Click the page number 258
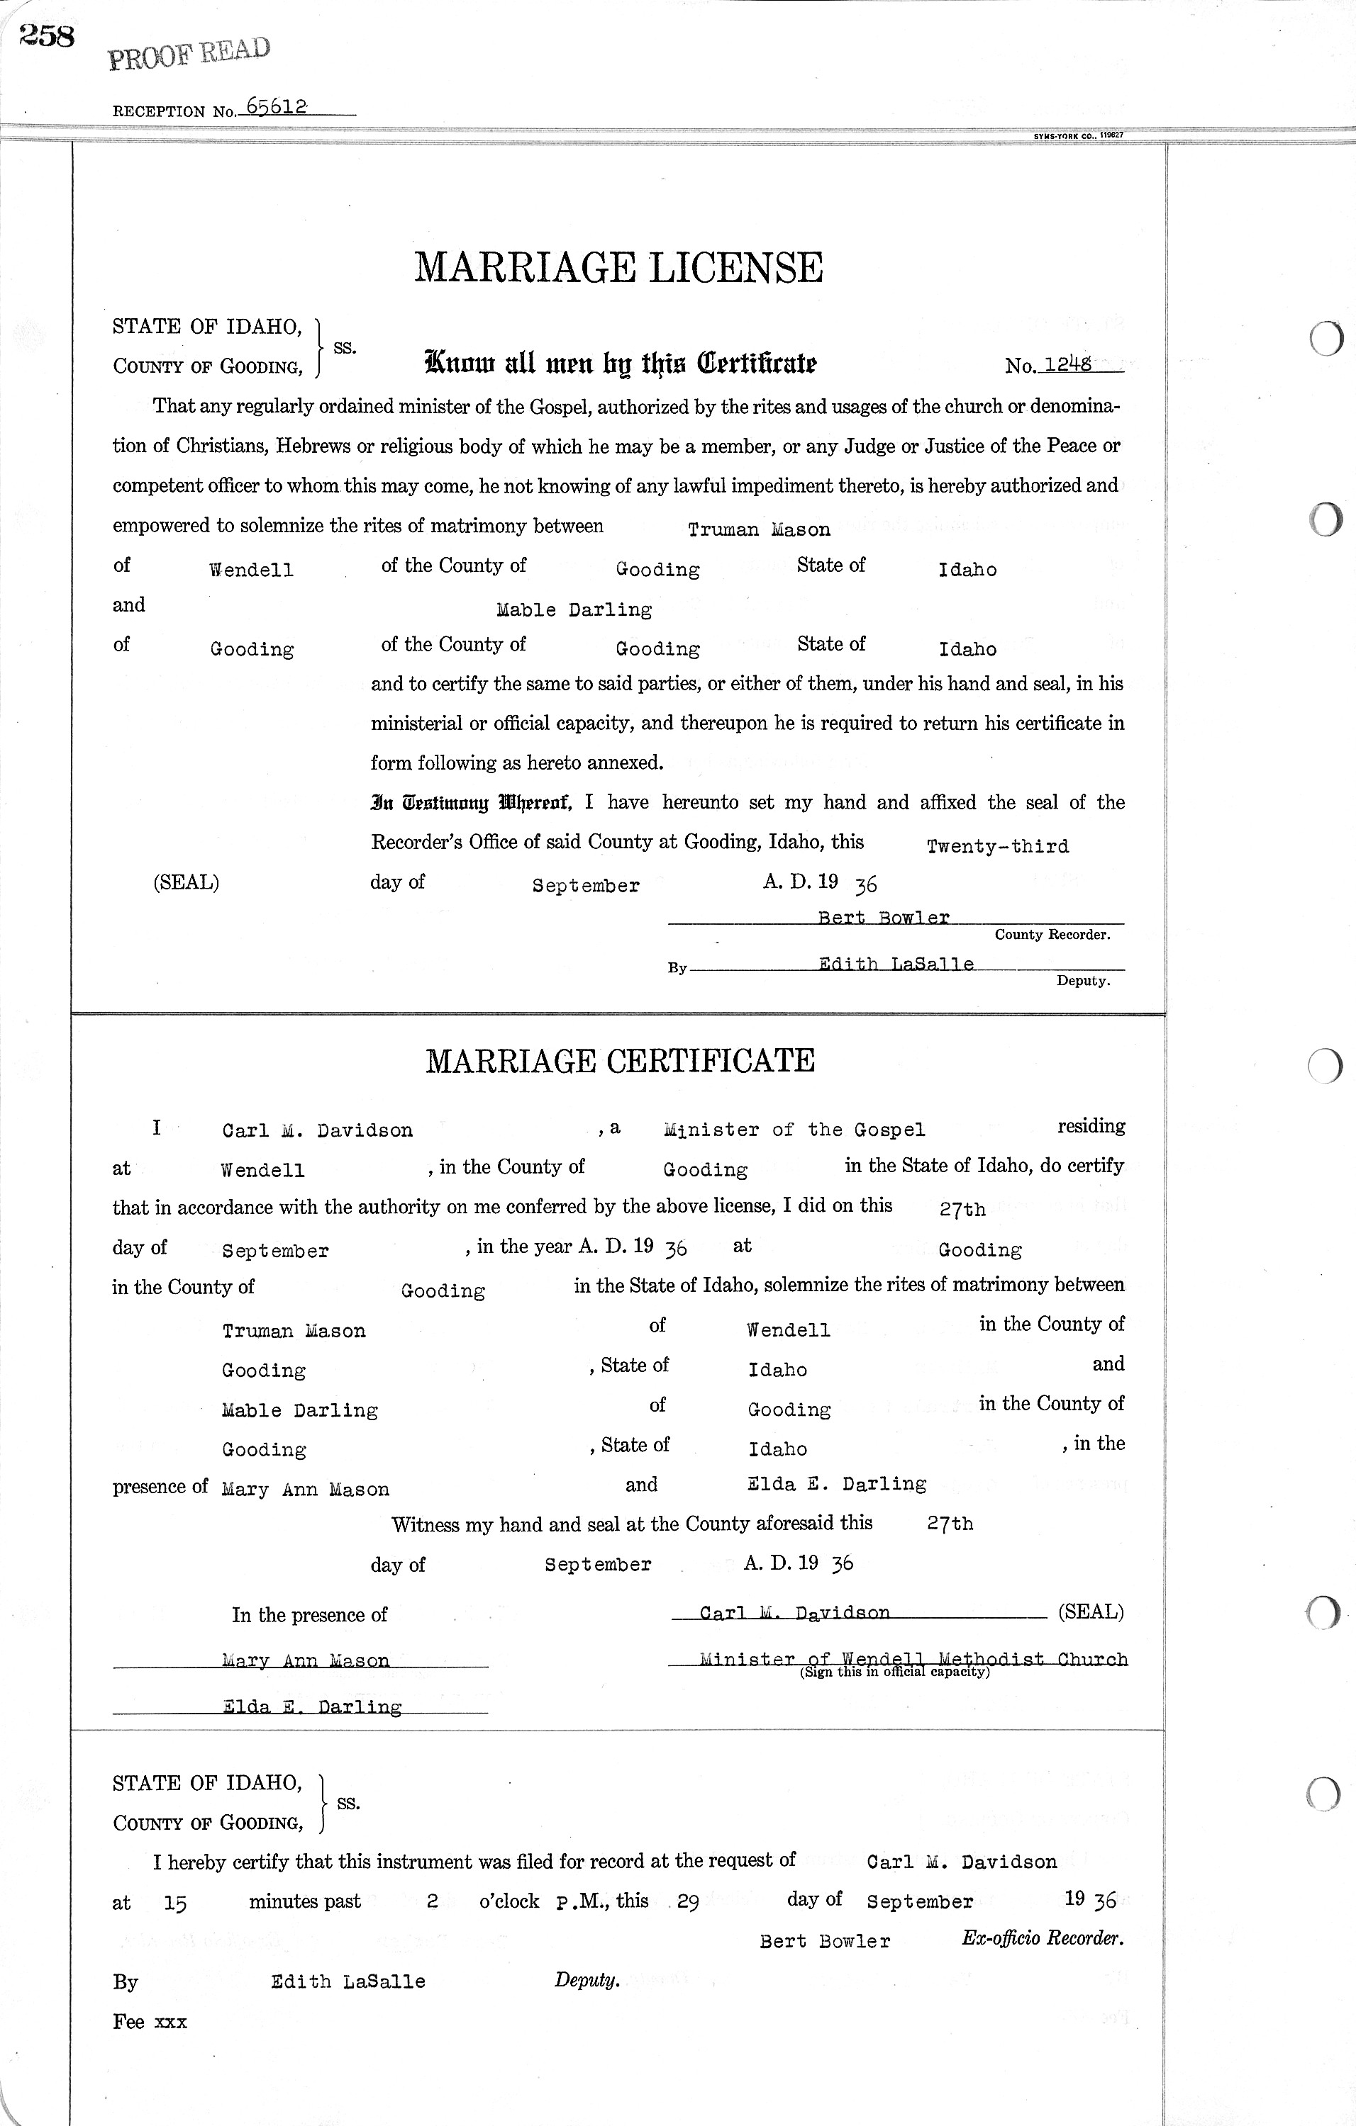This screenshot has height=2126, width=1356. point(46,37)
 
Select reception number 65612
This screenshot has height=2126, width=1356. point(277,107)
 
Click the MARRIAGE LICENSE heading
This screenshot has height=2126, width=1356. point(618,266)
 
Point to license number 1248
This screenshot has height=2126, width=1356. point(1067,363)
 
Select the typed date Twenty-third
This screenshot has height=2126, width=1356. point(997,847)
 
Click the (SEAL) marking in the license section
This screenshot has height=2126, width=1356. point(186,882)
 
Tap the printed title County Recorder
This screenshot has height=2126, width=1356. point(1052,934)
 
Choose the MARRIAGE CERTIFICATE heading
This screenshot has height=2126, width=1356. point(620,1060)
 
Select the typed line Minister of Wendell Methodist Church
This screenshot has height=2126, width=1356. point(913,1659)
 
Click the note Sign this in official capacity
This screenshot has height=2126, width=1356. point(894,1672)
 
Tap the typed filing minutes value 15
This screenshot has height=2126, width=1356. point(175,1904)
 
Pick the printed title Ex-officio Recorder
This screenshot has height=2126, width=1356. point(1043,1939)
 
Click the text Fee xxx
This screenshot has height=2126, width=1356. point(150,2022)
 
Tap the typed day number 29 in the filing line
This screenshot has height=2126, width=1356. point(688,1903)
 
